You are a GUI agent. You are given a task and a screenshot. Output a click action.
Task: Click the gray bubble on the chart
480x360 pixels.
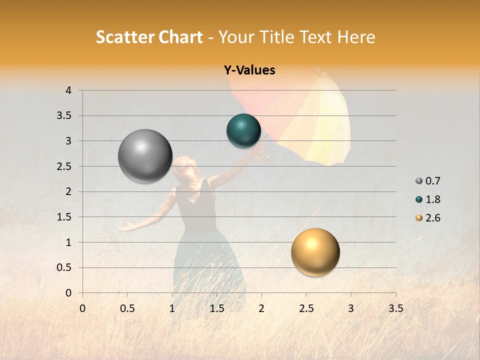click(x=145, y=156)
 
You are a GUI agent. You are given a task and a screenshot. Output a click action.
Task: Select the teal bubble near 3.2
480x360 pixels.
click(x=243, y=130)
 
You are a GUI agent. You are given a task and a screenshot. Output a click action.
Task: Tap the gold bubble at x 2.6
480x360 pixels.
click(x=315, y=252)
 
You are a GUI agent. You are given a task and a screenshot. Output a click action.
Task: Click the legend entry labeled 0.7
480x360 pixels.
click(x=428, y=181)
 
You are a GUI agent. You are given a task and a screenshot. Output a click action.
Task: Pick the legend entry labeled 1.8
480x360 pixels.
click(x=428, y=199)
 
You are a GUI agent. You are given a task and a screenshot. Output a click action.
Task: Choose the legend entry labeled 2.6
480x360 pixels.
click(x=428, y=218)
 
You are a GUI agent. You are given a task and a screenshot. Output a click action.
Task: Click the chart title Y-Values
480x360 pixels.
click(x=249, y=70)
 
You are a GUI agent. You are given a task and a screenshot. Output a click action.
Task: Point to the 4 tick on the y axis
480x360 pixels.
click(x=68, y=90)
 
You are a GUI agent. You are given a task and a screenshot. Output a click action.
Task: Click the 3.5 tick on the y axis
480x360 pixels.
click(x=65, y=116)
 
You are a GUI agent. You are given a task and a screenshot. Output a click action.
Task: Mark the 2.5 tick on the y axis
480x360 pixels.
click(x=65, y=166)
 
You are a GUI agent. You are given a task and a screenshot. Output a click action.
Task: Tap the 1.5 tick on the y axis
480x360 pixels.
click(x=65, y=217)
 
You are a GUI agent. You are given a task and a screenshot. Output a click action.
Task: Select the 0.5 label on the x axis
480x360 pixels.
click(x=127, y=308)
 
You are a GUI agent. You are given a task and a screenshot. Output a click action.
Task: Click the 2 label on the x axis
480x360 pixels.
click(x=261, y=308)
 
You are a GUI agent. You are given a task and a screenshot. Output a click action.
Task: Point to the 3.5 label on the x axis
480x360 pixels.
click(x=395, y=308)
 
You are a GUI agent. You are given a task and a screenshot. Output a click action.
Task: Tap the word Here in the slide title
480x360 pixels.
click(x=356, y=37)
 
